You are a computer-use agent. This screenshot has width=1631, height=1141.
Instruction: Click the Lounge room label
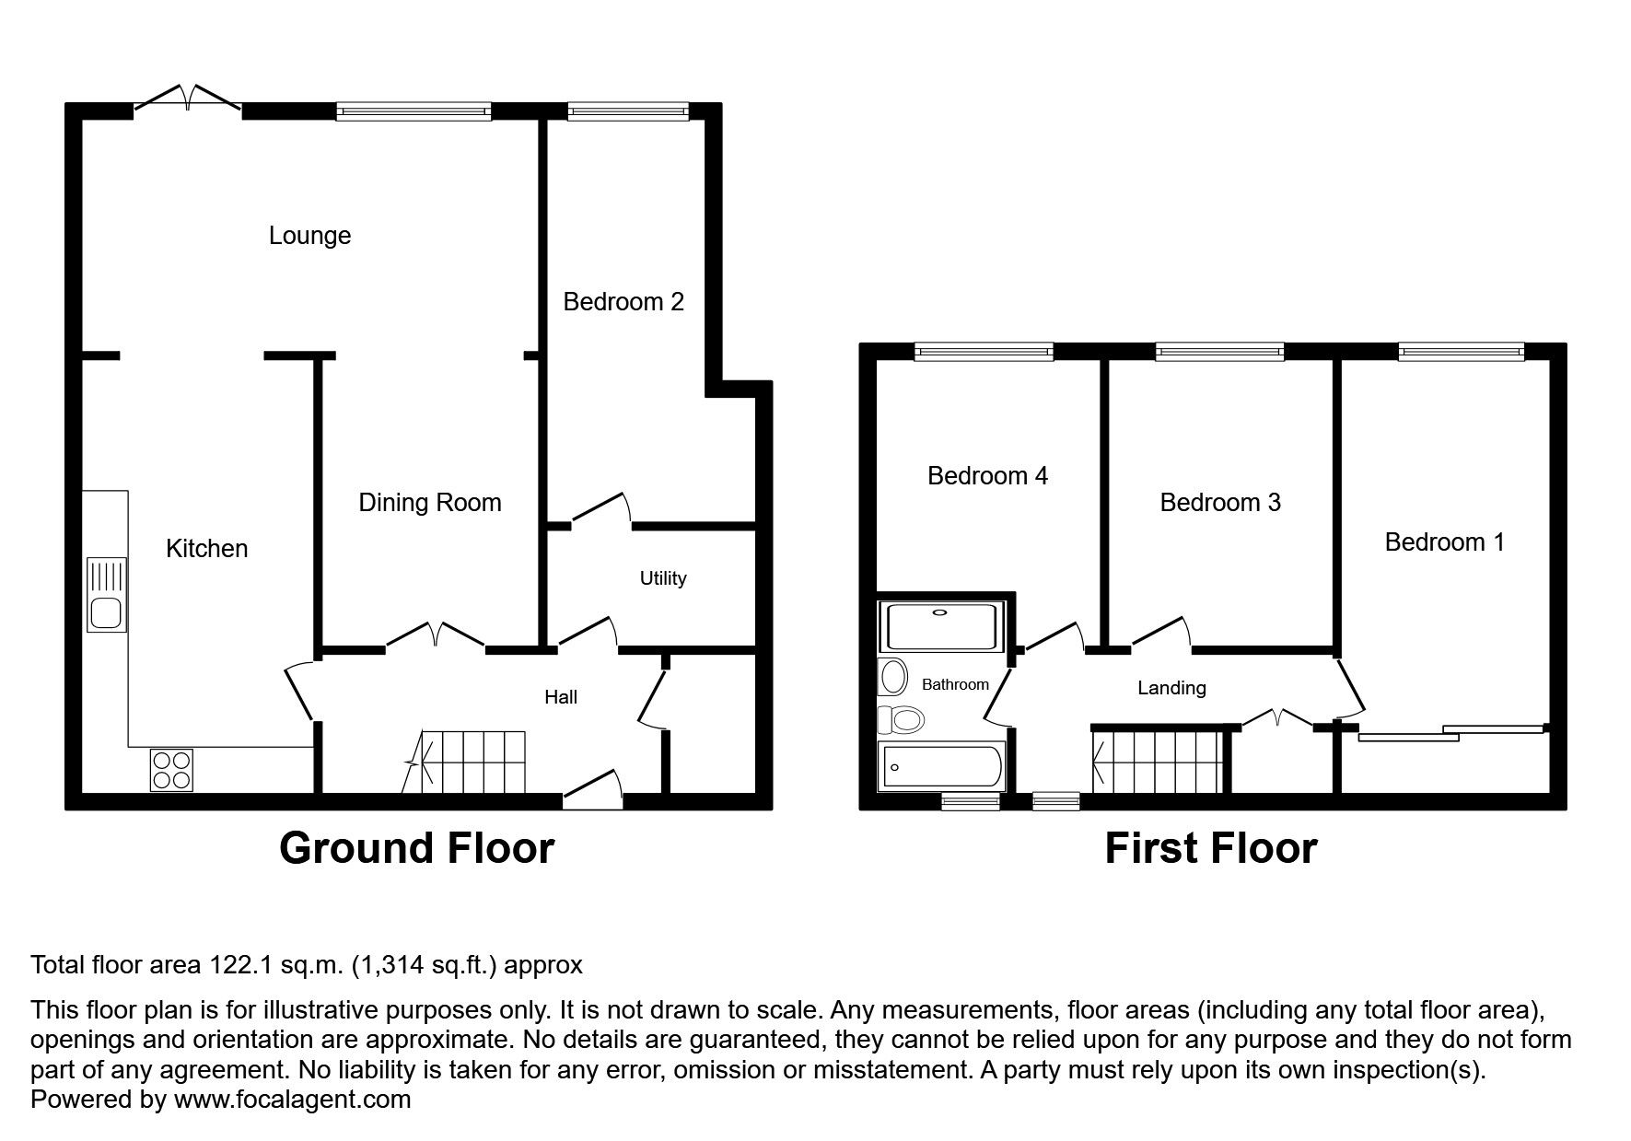click(309, 236)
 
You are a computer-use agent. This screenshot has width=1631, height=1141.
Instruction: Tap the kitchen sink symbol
click(107, 595)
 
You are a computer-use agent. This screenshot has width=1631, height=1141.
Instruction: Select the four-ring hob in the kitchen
click(172, 770)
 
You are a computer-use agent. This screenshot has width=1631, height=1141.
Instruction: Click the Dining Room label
click(429, 503)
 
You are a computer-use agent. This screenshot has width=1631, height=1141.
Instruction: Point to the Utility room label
click(663, 578)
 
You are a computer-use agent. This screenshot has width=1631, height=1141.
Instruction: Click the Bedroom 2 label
click(623, 302)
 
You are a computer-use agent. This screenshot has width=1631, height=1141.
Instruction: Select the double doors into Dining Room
click(435, 637)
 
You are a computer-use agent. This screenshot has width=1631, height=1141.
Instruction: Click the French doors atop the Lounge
click(189, 99)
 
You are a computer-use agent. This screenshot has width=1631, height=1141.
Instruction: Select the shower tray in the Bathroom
click(940, 627)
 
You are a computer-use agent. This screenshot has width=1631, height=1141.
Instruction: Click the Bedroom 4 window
click(983, 351)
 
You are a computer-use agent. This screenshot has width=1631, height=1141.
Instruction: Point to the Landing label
click(1171, 688)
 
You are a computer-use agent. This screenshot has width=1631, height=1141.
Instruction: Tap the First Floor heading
click(1210, 848)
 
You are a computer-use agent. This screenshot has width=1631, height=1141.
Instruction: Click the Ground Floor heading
click(416, 848)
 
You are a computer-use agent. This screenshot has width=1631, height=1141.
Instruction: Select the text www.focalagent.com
click(292, 1099)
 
